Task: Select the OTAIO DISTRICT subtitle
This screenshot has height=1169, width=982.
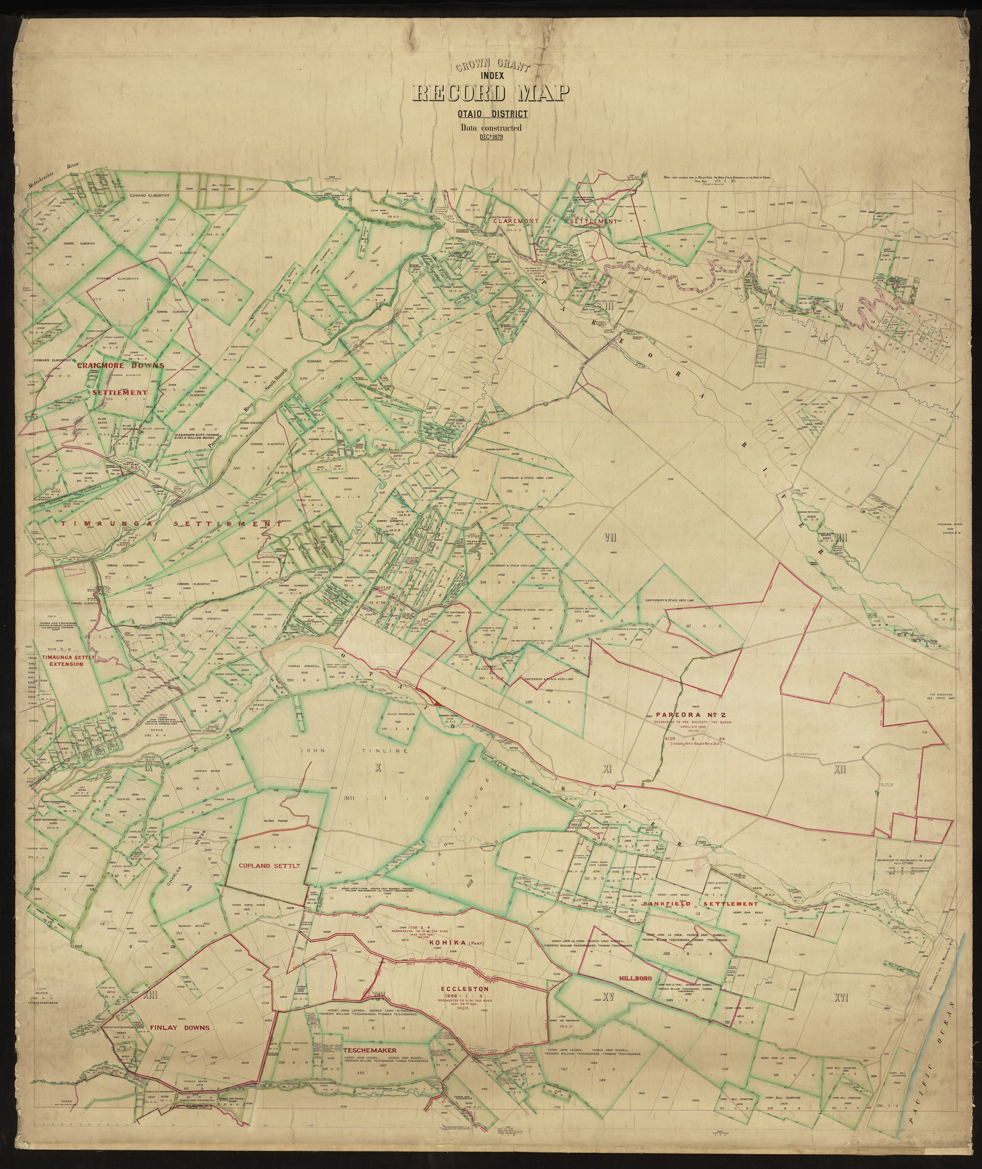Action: [x=491, y=115]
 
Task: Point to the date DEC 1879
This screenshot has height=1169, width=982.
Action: [x=490, y=137]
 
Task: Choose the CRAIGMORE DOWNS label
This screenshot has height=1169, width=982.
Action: [x=120, y=366]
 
